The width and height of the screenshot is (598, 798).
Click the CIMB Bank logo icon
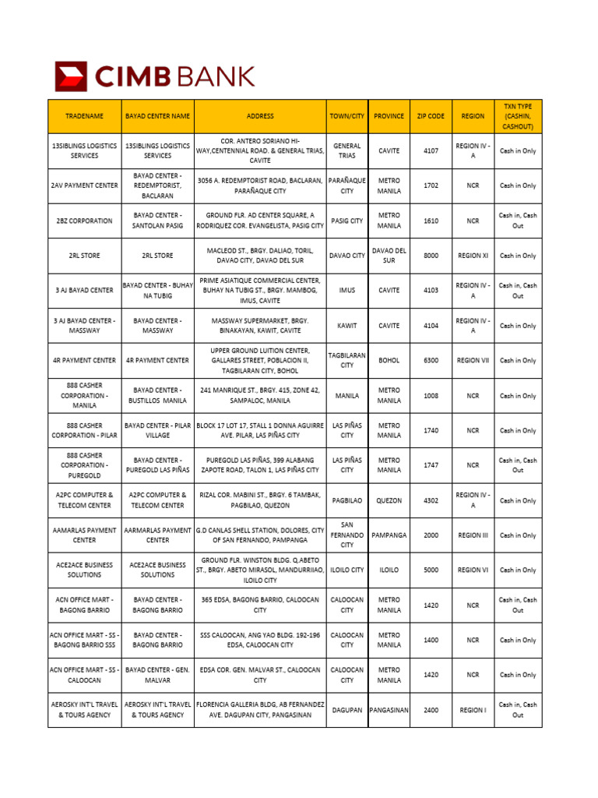(72, 76)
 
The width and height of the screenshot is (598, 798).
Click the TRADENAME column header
(84, 116)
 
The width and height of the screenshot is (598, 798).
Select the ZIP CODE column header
(431, 116)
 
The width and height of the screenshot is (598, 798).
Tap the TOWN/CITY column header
(347, 116)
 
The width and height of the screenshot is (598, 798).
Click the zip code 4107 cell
(431, 150)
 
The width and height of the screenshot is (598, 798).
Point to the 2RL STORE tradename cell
(84, 256)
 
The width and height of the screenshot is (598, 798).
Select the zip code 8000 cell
(431, 256)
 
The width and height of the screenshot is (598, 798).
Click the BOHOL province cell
(389, 361)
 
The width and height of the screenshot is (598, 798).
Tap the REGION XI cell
(473, 256)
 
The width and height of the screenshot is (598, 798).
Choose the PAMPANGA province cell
(389, 535)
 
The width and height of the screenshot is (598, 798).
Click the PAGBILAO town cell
(347, 500)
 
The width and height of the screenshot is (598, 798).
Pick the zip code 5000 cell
(431, 570)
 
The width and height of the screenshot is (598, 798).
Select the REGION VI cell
(473, 570)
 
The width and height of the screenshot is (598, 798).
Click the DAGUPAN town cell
(347, 710)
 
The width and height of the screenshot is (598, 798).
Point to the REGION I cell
(473, 710)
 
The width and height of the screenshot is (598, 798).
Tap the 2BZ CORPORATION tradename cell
(84, 221)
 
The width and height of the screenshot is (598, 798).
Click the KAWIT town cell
(347, 326)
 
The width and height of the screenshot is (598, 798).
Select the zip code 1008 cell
(431, 396)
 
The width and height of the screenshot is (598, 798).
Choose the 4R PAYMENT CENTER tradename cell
(84, 361)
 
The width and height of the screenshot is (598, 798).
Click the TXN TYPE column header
(518, 116)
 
